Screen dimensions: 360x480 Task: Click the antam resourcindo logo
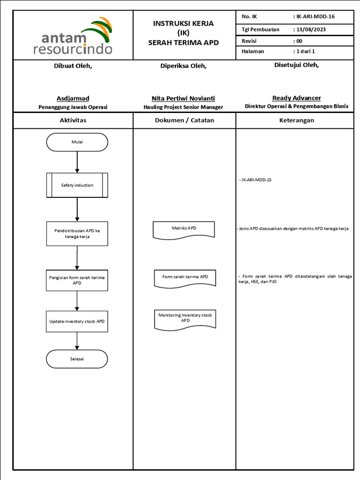tap(73, 36)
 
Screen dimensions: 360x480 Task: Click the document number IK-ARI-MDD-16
tap(315, 16)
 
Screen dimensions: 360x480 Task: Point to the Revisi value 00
tap(299, 41)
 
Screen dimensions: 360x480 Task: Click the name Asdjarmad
tap(73, 98)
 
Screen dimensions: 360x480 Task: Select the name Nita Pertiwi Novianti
tap(183, 98)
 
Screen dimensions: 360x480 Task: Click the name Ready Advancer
tap(297, 98)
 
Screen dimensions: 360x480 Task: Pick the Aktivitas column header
tap(73, 120)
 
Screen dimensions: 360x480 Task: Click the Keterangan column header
tap(297, 120)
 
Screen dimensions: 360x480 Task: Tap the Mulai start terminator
tap(77, 142)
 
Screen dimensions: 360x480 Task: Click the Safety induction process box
tap(77, 185)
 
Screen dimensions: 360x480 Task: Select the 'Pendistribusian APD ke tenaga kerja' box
tap(77, 234)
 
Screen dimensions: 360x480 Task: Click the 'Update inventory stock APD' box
tap(77, 322)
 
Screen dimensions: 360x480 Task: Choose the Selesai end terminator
tap(77, 359)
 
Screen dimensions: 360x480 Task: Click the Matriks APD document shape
tap(184, 230)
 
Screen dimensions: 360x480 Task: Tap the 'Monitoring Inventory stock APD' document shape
tap(185, 320)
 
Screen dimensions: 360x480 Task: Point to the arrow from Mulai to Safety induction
tap(77, 162)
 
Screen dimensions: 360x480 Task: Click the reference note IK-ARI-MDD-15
tap(255, 180)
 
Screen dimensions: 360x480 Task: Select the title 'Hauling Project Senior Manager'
tap(183, 107)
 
